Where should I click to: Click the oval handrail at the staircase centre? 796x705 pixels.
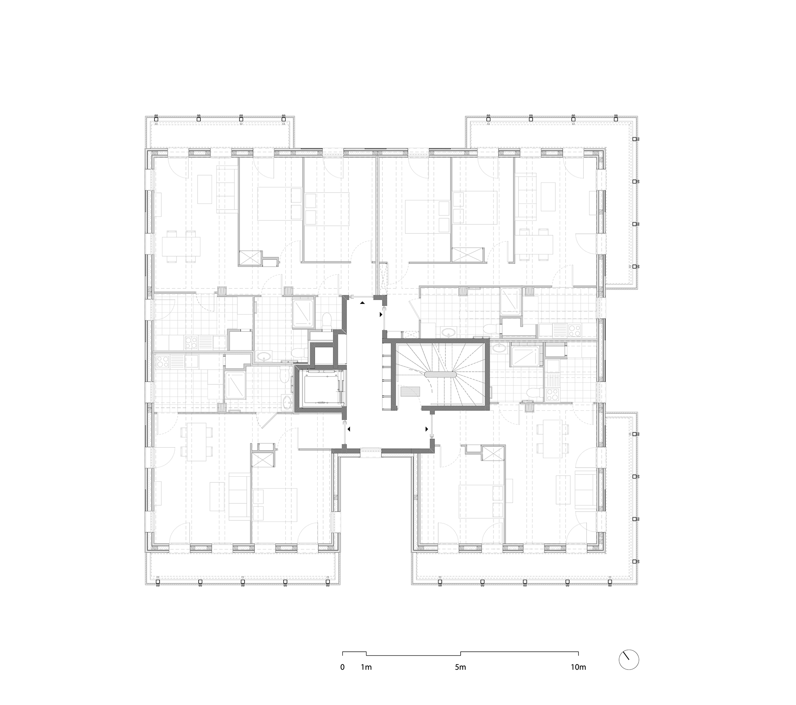point(440,374)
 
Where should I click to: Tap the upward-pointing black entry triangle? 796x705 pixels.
point(362,303)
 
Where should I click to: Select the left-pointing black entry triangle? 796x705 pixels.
point(349,429)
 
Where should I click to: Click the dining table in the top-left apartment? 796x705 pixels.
point(182,246)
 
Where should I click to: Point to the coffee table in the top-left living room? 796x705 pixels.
point(204,189)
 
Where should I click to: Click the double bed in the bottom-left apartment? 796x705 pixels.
point(275,505)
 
